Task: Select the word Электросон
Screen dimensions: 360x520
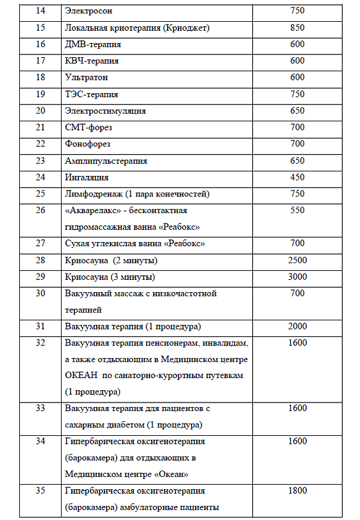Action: [x=87, y=11]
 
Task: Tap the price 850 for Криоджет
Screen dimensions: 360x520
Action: [x=297, y=28]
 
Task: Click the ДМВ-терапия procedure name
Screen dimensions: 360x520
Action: [x=92, y=44]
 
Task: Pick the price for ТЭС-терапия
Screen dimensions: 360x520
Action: [x=297, y=94]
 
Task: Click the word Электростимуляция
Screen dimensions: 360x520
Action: [x=105, y=111]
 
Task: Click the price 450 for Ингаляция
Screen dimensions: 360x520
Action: [x=297, y=177]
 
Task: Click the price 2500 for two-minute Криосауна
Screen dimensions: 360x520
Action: [x=297, y=260]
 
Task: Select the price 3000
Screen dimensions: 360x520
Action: [x=297, y=277]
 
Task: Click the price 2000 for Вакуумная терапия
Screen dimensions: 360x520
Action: [x=297, y=326]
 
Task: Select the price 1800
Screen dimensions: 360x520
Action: [x=297, y=491]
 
